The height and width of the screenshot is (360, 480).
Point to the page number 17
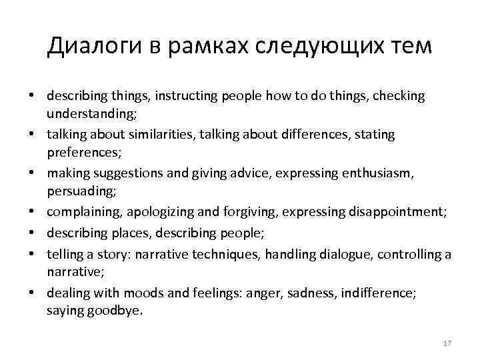click(447, 343)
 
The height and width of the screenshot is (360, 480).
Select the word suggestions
click(133, 173)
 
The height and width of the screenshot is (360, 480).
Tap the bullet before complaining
click(31, 213)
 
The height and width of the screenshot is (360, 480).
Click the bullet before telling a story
click(31, 254)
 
